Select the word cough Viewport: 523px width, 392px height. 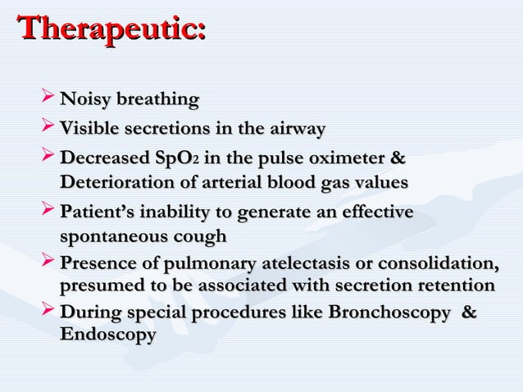click(x=198, y=237)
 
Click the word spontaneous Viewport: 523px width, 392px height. click(x=111, y=237)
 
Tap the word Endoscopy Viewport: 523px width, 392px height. click(x=107, y=335)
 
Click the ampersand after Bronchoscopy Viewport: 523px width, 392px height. click(x=470, y=313)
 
